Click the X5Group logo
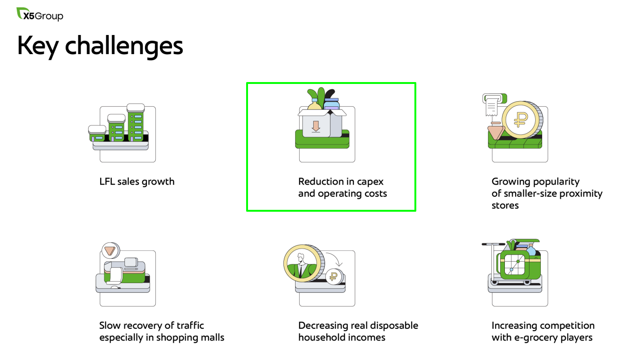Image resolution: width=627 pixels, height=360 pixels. (x=40, y=14)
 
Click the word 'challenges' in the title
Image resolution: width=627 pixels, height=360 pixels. (x=124, y=47)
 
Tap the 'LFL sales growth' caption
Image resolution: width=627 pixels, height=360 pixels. (x=137, y=182)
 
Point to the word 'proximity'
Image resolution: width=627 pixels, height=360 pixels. (x=581, y=194)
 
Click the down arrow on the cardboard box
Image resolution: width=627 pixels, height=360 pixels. (x=316, y=126)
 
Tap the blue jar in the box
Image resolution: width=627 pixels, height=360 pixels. (x=332, y=104)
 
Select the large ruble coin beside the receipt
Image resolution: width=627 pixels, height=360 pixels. (x=522, y=119)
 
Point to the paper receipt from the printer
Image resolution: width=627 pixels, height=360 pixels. (x=492, y=106)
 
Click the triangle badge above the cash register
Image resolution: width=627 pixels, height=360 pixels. (x=111, y=250)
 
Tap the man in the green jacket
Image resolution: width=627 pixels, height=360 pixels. (x=302, y=266)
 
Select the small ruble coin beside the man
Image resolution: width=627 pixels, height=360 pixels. (x=334, y=277)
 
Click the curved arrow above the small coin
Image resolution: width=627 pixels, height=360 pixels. (x=336, y=257)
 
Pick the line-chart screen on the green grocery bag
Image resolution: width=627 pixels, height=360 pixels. (x=515, y=265)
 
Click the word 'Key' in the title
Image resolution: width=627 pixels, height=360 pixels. (x=38, y=46)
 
